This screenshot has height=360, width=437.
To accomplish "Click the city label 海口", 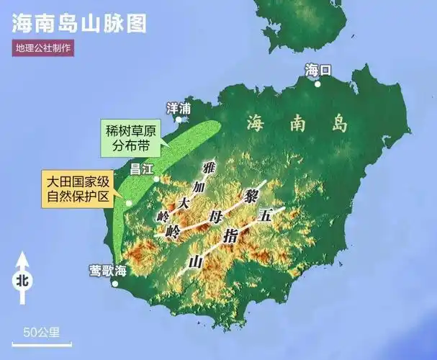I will tap(317, 70).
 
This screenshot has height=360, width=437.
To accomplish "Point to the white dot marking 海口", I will tap(317, 84).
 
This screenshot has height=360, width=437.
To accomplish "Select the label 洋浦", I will tap(179, 108).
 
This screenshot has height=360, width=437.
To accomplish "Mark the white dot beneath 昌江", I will tap(156, 179).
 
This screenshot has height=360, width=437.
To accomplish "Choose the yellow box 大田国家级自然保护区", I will tap(78, 188).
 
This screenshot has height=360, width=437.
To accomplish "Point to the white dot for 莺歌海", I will tap(114, 283).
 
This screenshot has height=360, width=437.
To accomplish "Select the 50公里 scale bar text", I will tap(41, 332).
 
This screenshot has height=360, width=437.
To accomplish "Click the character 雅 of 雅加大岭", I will tap(210, 168).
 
